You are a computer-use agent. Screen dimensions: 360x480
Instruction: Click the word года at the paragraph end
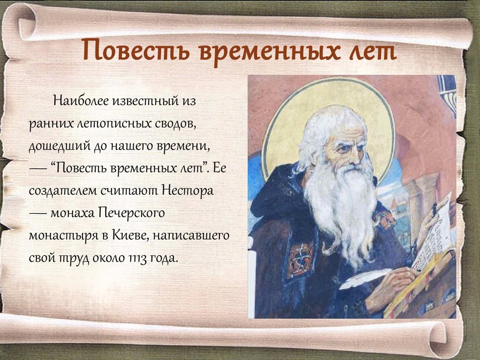point(165,258)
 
